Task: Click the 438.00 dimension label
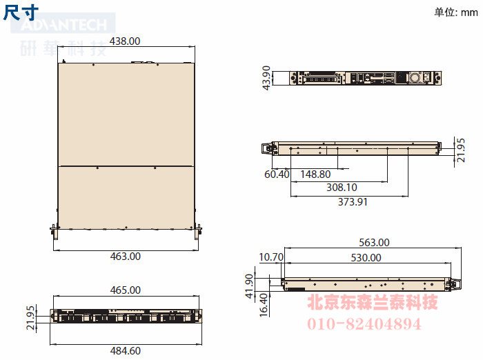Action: tap(125, 41)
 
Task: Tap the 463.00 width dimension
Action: tap(126, 257)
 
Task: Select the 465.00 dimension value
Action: tap(126, 290)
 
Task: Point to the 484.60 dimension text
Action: tap(126, 350)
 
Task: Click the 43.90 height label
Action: tap(266, 78)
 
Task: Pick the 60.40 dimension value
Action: tap(277, 174)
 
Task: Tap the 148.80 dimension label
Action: tap(315, 174)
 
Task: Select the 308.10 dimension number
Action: tap(342, 187)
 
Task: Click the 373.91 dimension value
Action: tap(353, 201)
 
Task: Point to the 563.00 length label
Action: tap(374, 242)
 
